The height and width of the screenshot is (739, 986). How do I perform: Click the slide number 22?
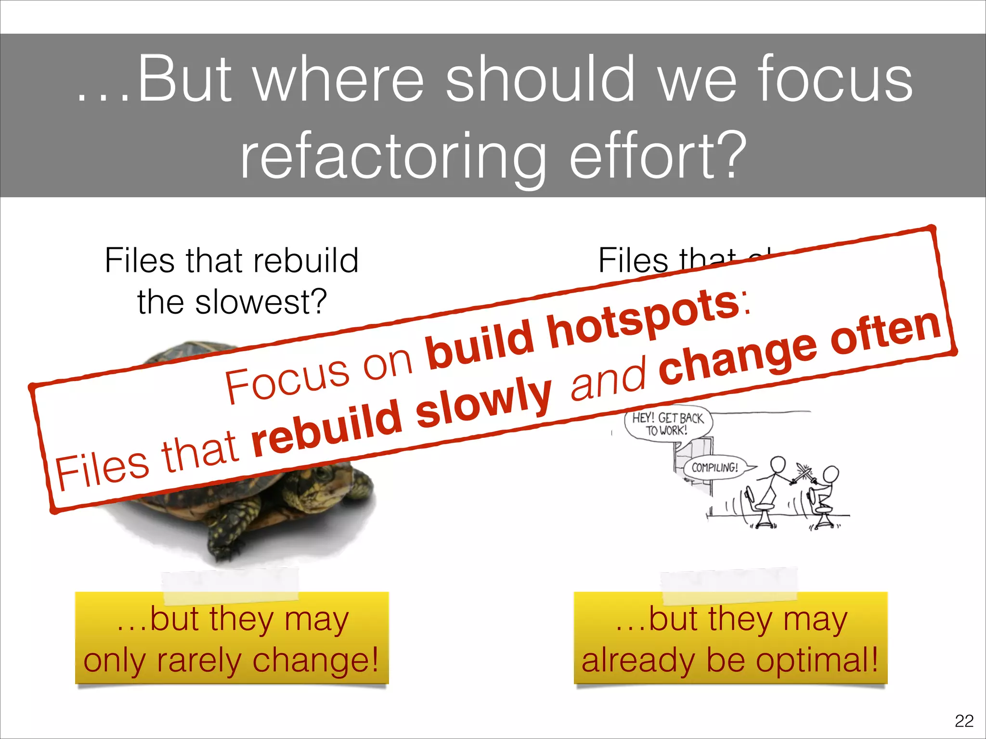964,721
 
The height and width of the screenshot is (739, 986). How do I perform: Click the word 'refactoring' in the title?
393,156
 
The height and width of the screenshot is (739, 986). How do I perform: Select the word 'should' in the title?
540,79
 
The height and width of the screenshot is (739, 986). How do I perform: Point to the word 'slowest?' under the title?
261,302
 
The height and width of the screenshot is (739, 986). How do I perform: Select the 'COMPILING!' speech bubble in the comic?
715,467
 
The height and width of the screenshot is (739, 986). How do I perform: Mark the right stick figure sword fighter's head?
831,474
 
